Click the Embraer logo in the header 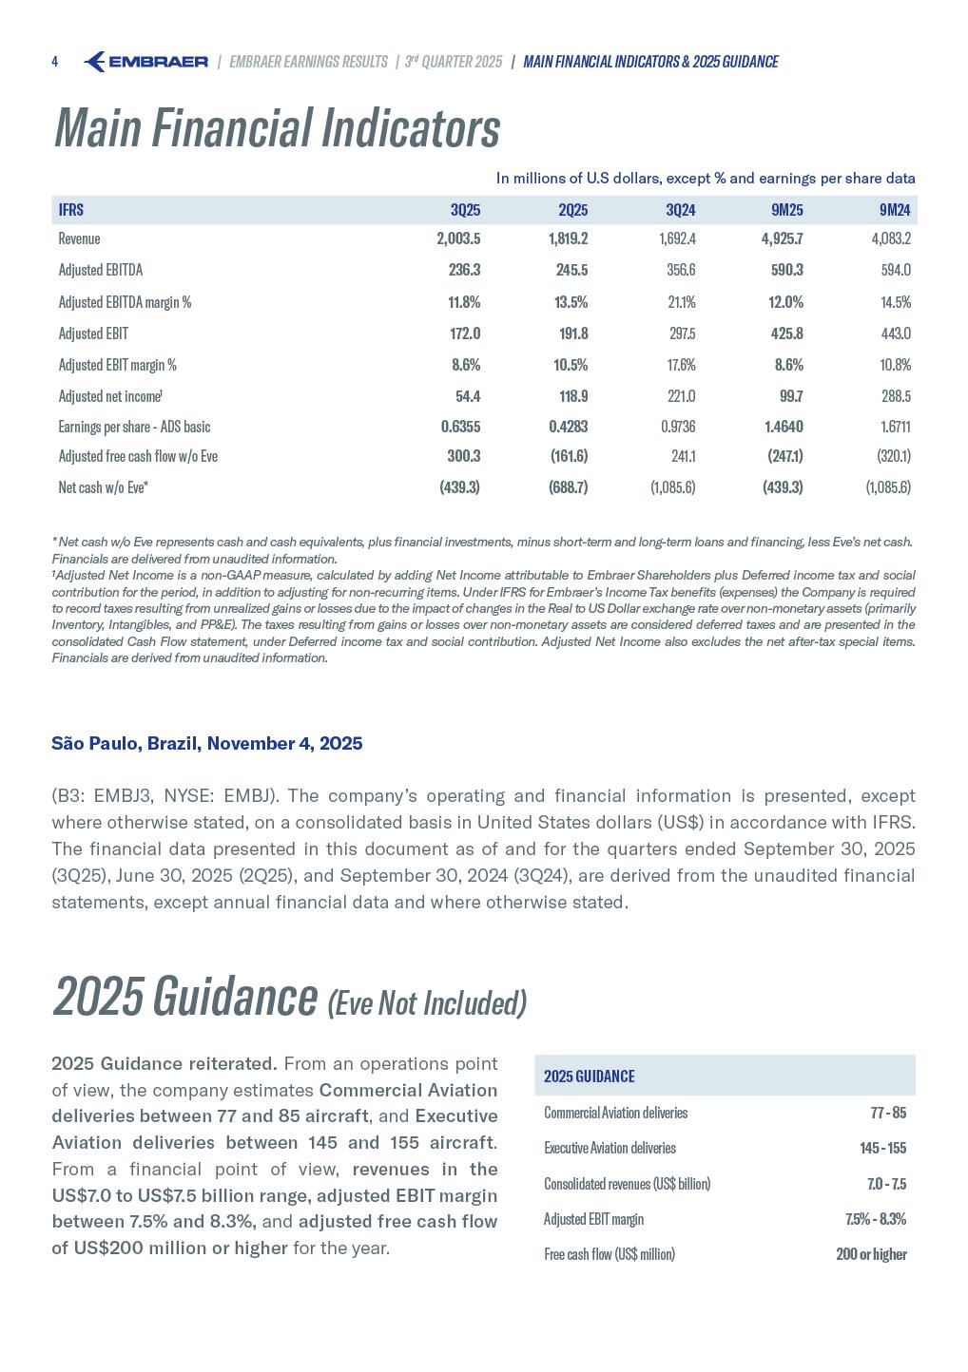(x=145, y=62)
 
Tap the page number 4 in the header (x=55, y=62)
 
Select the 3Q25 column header (x=465, y=210)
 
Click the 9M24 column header (x=895, y=210)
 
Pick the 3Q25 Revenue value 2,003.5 (x=458, y=238)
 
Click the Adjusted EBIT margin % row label (x=117, y=365)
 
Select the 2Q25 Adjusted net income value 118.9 (x=568, y=396)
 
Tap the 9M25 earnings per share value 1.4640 (x=784, y=427)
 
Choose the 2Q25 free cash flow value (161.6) (x=569, y=456)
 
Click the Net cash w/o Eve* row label (x=103, y=487)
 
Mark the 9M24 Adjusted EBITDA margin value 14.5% (x=895, y=302)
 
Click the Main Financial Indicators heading (x=277, y=128)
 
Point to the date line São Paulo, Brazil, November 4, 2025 (x=206, y=743)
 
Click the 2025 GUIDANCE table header (x=589, y=1077)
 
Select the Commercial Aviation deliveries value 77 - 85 (x=887, y=1113)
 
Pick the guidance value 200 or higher (x=871, y=1254)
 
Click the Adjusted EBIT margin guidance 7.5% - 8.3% (x=875, y=1219)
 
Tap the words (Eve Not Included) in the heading (x=426, y=1003)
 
